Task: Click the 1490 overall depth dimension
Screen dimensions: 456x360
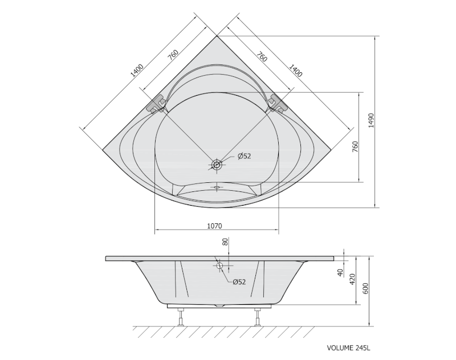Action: pos(371,121)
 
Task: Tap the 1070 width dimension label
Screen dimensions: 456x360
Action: pos(214,226)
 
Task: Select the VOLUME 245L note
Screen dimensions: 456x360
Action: pos(348,348)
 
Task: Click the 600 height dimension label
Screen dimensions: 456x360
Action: pos(365,288)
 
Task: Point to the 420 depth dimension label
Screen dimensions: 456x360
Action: pos(352,279)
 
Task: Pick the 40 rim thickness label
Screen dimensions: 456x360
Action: pos(340,272)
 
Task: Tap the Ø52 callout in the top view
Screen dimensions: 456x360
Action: pos(244,156)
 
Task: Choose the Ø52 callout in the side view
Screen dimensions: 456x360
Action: pos(239,281)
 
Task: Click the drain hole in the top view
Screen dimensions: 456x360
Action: pos(217,165)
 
